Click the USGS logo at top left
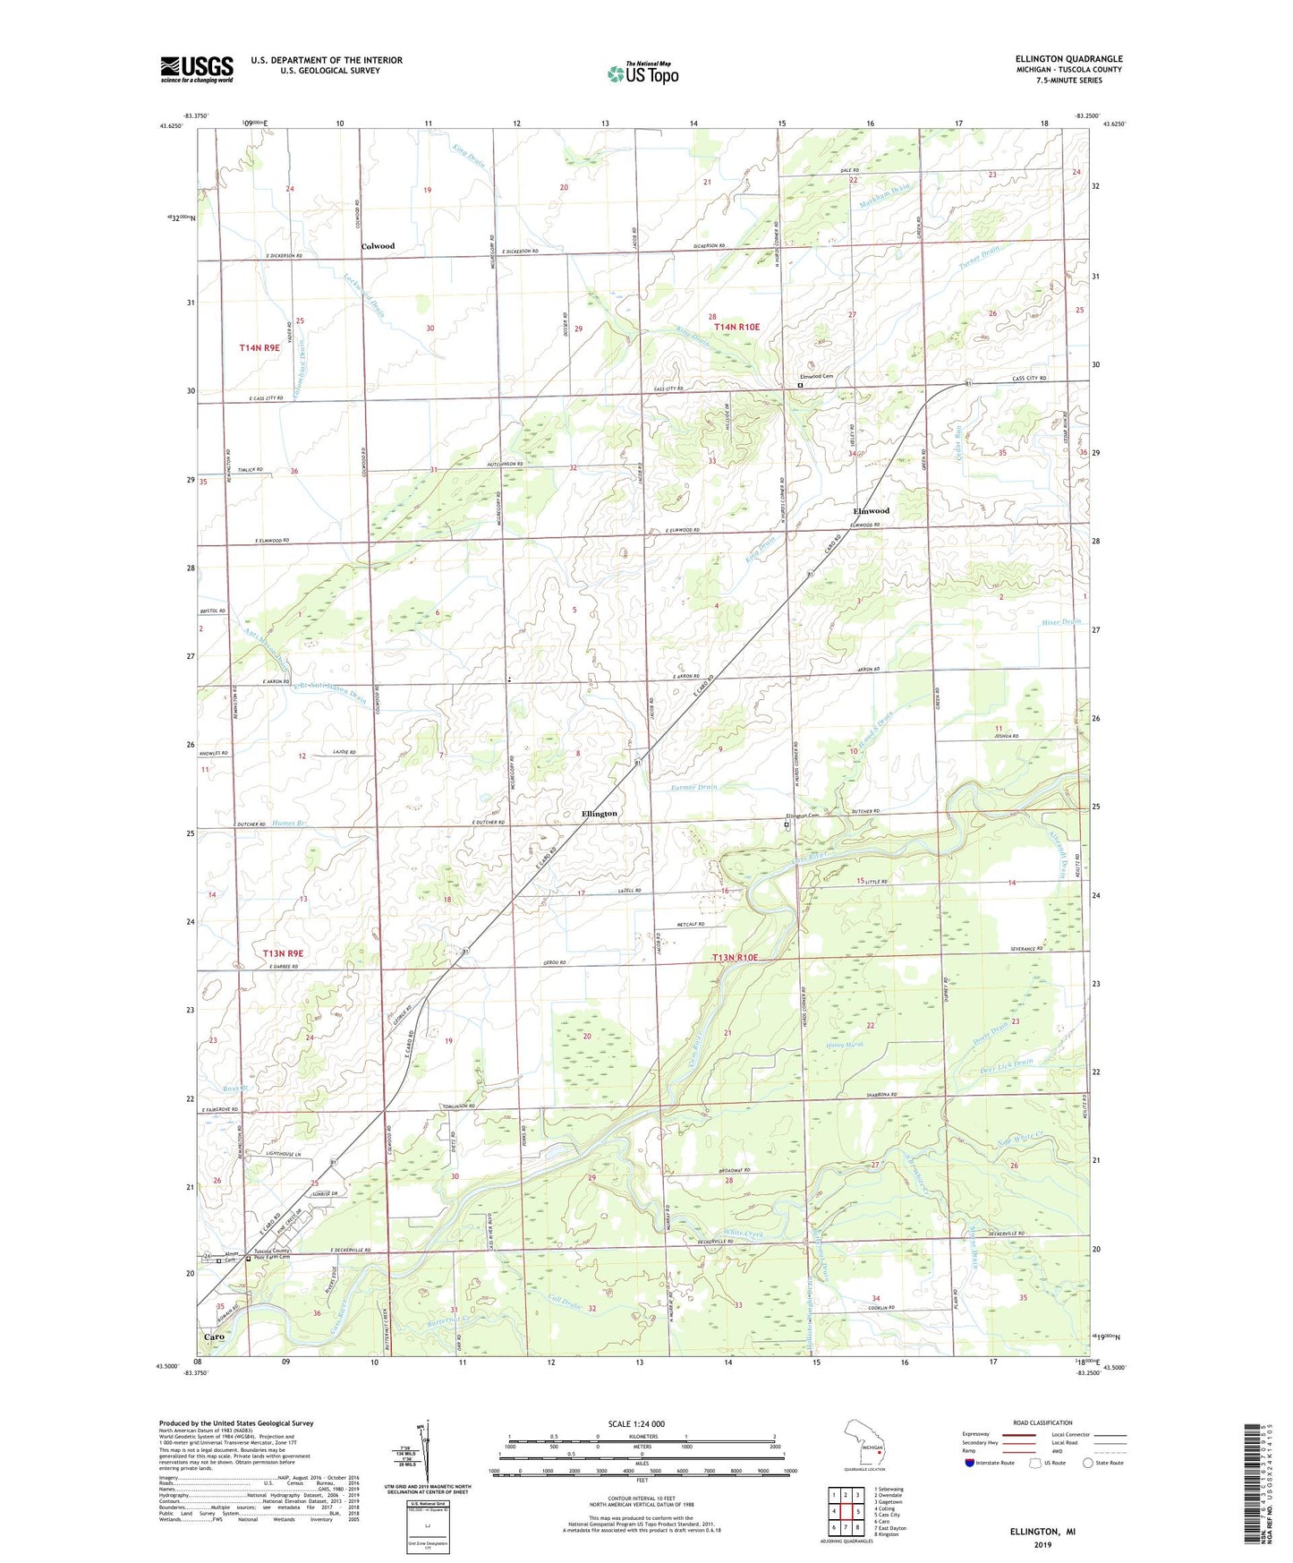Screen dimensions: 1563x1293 point(196,69)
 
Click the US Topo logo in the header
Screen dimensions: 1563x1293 point(642,73)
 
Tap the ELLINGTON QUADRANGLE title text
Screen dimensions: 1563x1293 point(1068,59)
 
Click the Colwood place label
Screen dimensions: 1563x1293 point(378,246)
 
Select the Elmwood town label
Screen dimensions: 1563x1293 point(871,510)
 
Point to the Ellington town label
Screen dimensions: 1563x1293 point(599,814)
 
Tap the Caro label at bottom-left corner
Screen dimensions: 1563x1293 point(214,1336)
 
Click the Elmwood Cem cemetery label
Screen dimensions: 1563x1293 point(816,377)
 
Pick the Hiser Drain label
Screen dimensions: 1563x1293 point(1061,621)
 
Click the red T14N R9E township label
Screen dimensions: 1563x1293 point(259,347)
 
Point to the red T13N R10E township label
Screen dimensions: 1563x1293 point(735,958)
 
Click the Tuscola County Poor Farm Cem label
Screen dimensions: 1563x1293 point(271,1253)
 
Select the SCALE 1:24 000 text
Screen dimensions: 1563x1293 point(634,1423)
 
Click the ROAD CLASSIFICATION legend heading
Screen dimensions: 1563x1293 point(1042,1422)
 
